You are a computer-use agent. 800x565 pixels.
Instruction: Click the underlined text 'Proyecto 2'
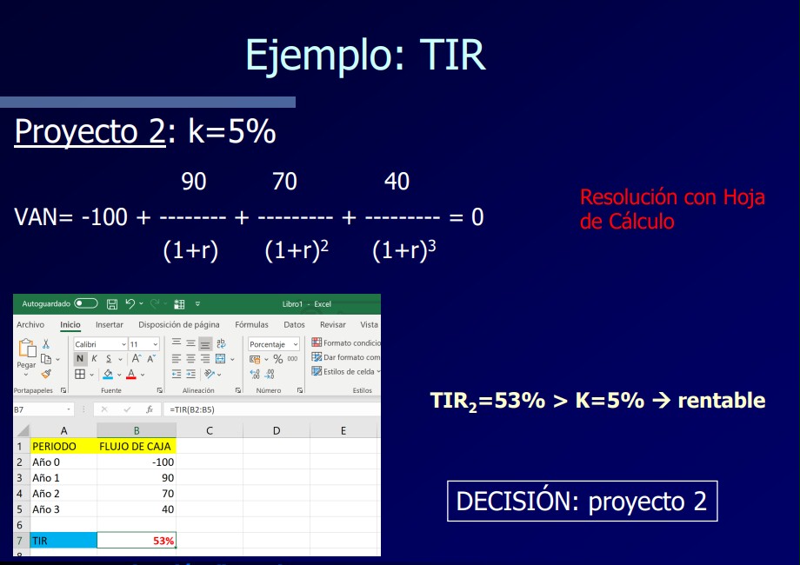(x=90, y=131)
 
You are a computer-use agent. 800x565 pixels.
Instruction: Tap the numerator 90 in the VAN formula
(x=194, y=181)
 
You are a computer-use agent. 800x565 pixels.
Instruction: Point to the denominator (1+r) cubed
(x=404, y=249)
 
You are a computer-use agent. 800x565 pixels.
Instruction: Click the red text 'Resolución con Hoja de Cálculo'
(x=672, y=209)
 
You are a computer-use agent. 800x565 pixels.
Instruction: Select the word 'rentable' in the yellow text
(x=722, y=401)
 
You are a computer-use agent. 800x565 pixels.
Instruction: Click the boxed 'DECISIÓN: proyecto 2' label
(x=582, y=501)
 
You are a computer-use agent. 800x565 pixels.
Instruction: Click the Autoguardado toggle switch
(x=86, y=303)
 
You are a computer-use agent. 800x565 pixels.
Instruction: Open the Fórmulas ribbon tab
(x=251, y=324)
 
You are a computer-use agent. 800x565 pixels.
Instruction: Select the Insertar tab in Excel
(x=110, y=324)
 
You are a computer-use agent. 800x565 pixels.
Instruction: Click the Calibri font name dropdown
(x=100, y=344)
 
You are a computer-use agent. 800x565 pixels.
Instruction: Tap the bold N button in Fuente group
(x=80, y=358)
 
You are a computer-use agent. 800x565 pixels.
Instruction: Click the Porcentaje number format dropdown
(x=273, y=344)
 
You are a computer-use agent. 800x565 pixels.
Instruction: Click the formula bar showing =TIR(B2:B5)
(x=271, y=409)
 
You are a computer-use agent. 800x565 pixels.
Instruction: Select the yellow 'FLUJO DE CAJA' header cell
(x=137, y=446)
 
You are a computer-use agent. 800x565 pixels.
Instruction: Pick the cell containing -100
(x=137, y=462)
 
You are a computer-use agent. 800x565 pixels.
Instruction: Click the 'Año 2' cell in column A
(x=63, y=494)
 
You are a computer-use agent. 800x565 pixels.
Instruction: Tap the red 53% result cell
(x=137, y=541)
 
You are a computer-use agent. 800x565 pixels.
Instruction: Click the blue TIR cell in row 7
(x=63, y=541)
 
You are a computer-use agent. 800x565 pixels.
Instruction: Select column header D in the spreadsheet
(x=276, y=430)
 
